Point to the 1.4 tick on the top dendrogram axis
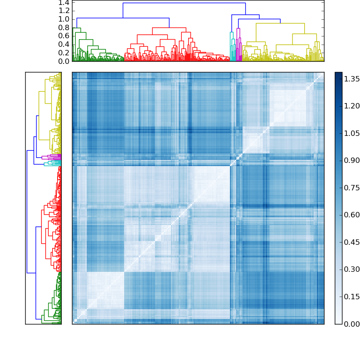(64, 3)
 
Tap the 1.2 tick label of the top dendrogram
(64, 11)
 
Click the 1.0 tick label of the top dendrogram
(64, 19)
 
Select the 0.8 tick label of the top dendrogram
(64, 27)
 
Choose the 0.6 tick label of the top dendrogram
(64, 36)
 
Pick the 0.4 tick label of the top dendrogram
(64, 45)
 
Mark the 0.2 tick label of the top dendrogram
(64, 53)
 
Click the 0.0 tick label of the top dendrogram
(64, 61)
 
